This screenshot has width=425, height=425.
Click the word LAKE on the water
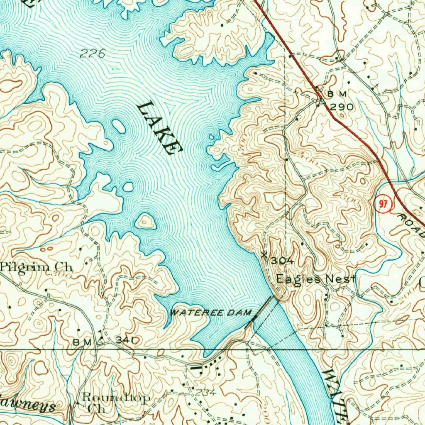159,128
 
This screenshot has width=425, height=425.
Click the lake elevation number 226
93,53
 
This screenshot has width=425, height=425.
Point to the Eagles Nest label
316,279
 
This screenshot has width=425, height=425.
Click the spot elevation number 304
283,261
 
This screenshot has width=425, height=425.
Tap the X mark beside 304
264,255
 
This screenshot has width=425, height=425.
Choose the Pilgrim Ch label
37,267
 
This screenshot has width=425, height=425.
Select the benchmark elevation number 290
342,107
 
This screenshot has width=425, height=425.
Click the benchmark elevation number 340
127,340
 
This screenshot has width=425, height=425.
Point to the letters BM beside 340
82,342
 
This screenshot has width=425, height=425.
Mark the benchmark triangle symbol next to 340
101,342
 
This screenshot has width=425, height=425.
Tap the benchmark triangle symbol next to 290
320,101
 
